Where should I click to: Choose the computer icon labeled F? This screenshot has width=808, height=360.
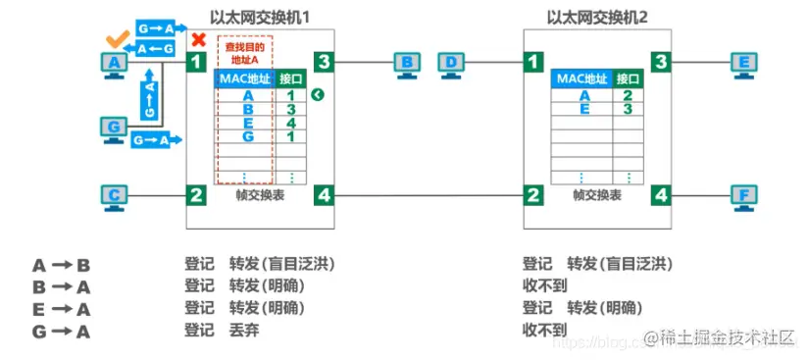744,197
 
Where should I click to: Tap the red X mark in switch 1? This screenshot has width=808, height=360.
198,40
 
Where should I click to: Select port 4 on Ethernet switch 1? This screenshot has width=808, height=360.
325,195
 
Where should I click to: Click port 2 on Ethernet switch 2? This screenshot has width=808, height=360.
533,195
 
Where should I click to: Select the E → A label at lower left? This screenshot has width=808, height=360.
62,309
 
